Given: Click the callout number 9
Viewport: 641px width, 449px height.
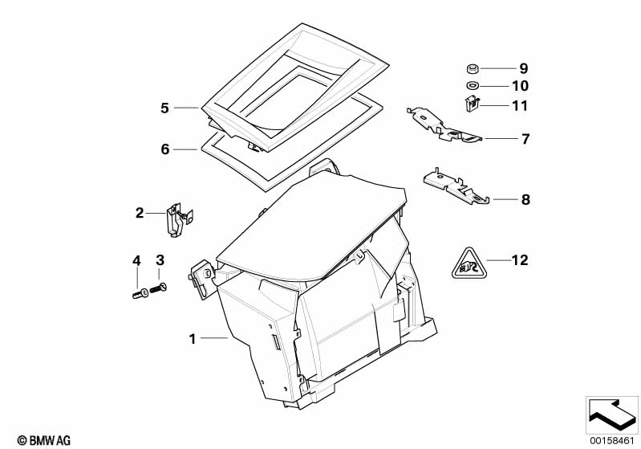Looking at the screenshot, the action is (524, 68).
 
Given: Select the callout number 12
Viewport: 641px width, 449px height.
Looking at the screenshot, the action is (520, 260).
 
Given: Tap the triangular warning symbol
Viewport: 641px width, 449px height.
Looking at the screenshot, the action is (469, 263).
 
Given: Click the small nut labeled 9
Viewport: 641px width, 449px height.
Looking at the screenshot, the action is (473, 68).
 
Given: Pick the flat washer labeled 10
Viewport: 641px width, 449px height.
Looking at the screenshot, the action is (473, 86).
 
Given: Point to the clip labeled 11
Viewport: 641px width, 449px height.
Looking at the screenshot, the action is (472, 104).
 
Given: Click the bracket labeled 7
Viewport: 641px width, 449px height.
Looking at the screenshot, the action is (444, 124).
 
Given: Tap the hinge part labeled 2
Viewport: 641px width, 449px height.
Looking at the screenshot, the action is (179, 220).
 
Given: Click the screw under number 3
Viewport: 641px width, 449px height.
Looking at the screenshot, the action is (159, 288).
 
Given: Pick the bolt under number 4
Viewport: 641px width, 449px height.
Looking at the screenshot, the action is (140, 293).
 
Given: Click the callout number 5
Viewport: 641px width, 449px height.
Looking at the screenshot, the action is (164, 108).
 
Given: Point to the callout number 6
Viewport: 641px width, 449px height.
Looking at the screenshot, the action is (164, 149).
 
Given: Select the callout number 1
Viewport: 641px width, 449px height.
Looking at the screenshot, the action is (192, 338).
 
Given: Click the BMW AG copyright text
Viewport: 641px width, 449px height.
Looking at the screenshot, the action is (44, 440).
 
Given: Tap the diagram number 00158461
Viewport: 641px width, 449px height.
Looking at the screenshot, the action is (611, 440).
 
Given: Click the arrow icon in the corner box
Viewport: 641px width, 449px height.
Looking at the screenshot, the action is (612, 414).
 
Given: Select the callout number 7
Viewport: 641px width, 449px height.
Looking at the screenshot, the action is (525, 139).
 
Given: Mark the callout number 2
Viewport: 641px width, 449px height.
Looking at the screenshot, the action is (140, 213).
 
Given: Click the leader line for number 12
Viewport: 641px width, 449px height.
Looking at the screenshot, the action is (499, 260).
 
